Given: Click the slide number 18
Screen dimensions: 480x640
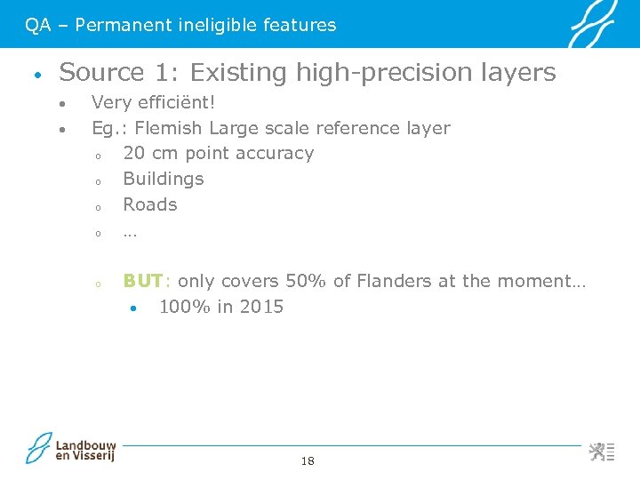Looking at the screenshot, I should point(308,460).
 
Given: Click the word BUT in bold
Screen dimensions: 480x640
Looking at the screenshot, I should point(142,281).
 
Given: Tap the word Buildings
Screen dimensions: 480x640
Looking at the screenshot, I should point(163,179).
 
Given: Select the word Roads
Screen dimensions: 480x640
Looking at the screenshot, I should point(149,204).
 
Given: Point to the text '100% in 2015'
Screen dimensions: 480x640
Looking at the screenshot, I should point(220,307).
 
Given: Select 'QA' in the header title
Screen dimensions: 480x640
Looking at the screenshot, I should point(37,25).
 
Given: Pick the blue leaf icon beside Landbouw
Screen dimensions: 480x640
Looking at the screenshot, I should point(40,448).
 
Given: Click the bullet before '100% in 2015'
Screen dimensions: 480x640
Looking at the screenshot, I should point(132,309).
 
